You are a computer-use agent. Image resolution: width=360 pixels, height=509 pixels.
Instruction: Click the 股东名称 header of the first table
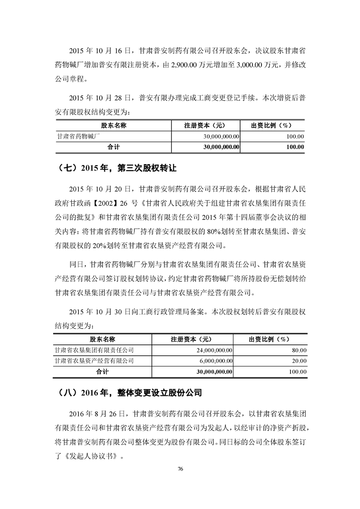tap(113, 125)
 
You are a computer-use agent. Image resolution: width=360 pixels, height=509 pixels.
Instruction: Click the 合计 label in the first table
tap(113, 147)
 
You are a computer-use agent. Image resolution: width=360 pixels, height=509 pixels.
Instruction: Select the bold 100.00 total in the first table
tap(295, 147)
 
